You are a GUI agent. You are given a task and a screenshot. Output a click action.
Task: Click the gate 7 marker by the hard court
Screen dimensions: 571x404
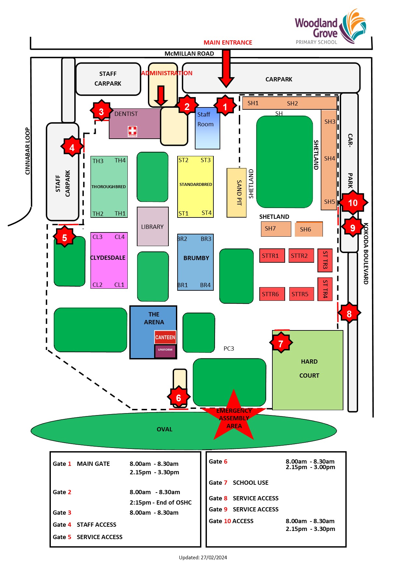pos(281,343)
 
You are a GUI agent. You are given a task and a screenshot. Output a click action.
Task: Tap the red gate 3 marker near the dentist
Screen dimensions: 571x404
pos(101,112)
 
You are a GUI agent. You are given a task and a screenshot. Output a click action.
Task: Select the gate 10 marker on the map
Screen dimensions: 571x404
pos(353,203)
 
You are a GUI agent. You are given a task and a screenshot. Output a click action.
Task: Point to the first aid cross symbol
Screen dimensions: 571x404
pos(132,131)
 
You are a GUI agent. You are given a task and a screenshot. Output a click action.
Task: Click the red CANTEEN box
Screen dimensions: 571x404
pos(165,337)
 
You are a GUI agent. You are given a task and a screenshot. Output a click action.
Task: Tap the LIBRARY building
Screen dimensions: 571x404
pos(152,227)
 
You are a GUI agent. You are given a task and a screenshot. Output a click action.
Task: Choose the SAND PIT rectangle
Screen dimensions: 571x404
pos(237,193)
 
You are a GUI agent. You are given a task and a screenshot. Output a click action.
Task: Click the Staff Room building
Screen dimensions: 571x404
pos(207,128)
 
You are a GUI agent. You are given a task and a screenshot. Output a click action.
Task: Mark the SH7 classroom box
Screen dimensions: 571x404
pos(276,229)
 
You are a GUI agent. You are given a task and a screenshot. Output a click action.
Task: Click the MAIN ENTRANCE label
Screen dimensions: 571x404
pos(228,43)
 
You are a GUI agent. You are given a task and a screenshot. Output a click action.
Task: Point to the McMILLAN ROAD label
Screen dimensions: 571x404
pos(189,54)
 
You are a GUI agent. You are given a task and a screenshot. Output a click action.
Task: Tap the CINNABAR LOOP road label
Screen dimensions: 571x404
pos(28,151)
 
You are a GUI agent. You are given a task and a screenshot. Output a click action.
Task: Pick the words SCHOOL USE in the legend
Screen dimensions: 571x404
pos(251,483)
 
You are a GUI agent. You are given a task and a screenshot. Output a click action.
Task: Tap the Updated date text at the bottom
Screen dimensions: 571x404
pos(203,557)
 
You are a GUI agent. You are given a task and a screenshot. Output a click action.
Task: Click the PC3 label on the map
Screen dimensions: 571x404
pos(229,349)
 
